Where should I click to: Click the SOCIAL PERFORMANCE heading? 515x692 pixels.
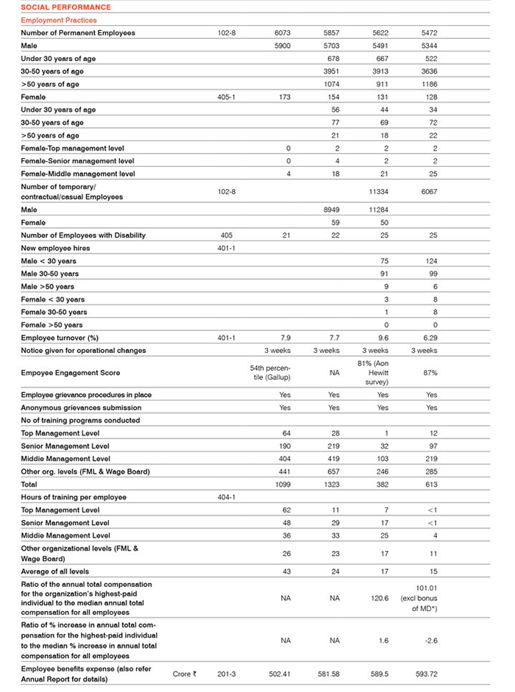pyautogui.click(x=56, y=7)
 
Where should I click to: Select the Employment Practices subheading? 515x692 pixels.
pyautogui.click(x=58, y=21)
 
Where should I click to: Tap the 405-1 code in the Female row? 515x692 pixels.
pyautogui.click(x=226, y=97)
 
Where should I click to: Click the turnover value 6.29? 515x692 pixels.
pyautogui.click(x=430, y=338)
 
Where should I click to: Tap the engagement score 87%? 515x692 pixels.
pyautogui.click(x=430, y=373)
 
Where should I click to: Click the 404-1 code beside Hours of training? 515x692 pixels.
pyautogui.click(x=226, y=497)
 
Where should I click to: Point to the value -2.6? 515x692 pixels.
pyautogui.click(x=430, y=641)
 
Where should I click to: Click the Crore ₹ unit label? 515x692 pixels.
pyautogui.click(x=185, y=674)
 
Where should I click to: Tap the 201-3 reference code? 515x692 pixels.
pyautogui.click(x=226, y=674)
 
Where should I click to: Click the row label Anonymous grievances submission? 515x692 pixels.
pyautogui.click(x=81, y=407)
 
